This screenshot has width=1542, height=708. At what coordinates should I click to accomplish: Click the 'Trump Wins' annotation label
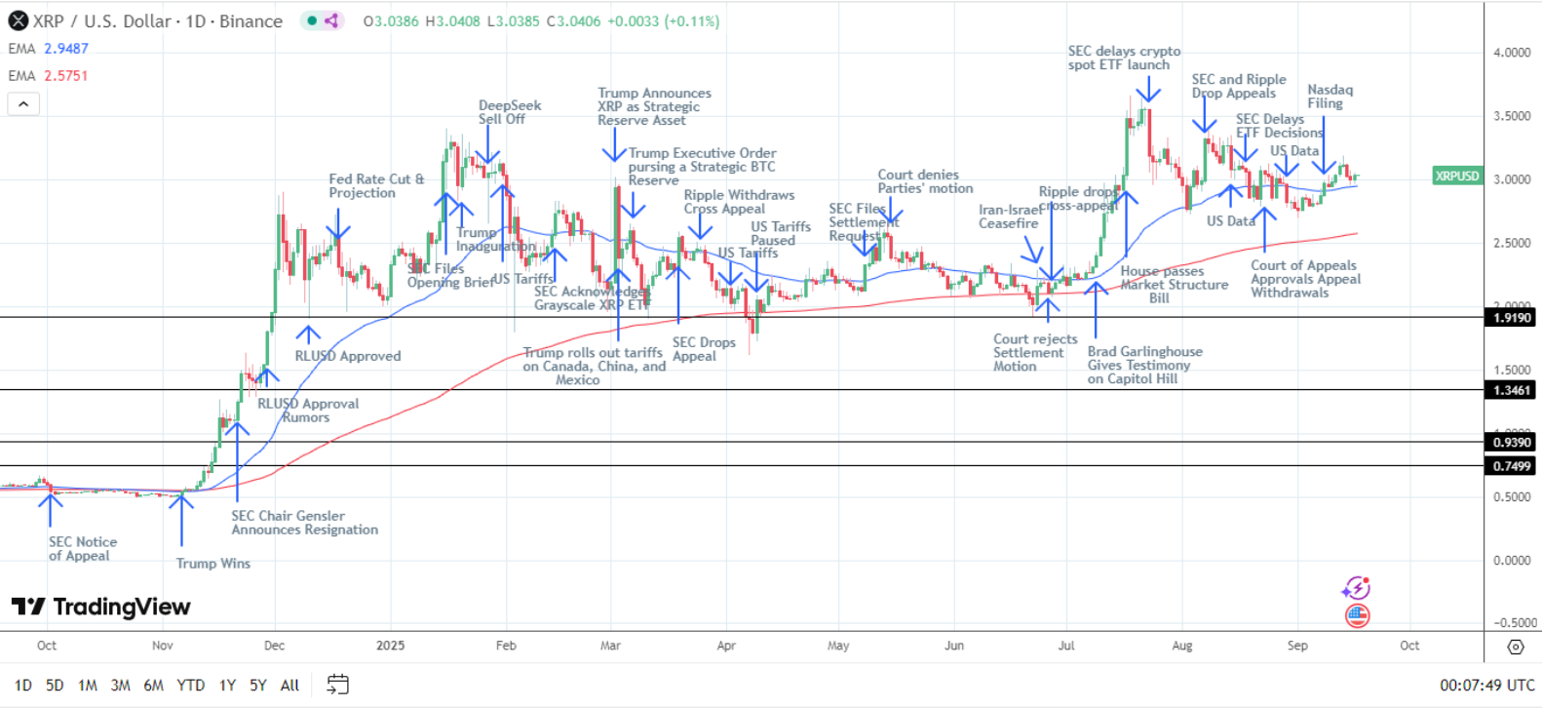pos(212,563)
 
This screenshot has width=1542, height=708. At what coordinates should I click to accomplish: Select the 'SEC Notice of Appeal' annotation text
pos(83,549)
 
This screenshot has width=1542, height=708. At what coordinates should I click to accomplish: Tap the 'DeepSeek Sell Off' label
pos(509,112)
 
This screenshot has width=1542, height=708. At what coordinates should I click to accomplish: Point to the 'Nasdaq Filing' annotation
pos(1330,97)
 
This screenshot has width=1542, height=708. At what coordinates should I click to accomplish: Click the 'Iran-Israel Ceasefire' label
pos(1009,216)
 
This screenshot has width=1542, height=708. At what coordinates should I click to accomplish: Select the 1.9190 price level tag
pos(1512,317)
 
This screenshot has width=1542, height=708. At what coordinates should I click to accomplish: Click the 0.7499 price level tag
pos(1512,466)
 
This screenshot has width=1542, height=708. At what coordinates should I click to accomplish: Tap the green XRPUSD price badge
pos(1457,177)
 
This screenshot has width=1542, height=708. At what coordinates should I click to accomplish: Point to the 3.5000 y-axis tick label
pos(1512,116)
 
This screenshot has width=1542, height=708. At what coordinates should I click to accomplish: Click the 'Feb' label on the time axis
pos(506,646)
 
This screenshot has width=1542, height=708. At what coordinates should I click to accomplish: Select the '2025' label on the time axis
pos(390,646)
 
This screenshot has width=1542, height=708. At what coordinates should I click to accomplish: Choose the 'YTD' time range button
pos(190,686)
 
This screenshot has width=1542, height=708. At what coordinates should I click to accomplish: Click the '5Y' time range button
pos(257,686)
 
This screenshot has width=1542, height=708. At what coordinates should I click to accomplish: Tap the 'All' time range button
pos(289,686)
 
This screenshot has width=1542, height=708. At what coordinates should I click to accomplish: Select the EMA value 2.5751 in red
pos(66,75)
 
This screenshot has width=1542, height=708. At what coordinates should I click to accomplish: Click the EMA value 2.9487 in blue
pos(66,48)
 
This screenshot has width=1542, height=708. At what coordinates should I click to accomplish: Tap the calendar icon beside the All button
pos(337,685)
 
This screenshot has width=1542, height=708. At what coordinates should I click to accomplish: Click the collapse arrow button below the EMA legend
pos(23,103)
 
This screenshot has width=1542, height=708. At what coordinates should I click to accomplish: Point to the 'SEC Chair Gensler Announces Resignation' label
pos(304,523)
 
